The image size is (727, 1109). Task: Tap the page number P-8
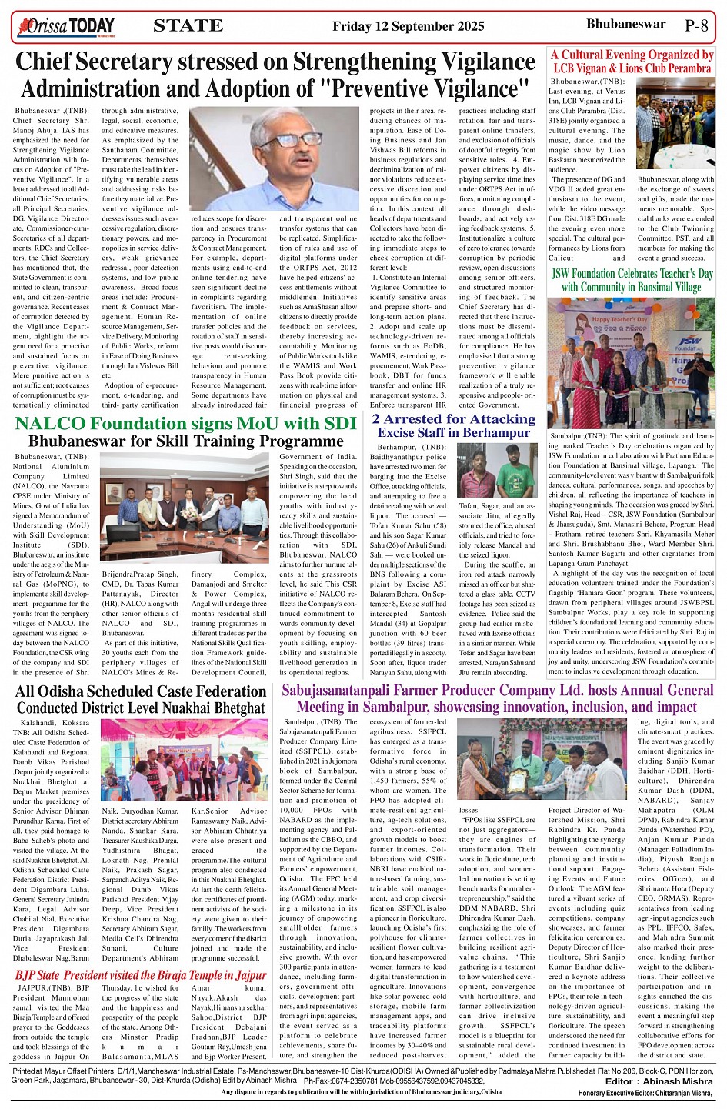click(695, 25)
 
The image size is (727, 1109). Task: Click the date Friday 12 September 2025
click(408, 26)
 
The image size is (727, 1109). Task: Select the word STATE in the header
click(188, 26)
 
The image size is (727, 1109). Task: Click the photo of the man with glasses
click(274, 158)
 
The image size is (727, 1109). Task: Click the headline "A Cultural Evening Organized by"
click(632, 55)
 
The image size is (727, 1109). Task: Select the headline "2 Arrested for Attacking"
click(453, 419)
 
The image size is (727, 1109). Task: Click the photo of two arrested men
click(495, 471)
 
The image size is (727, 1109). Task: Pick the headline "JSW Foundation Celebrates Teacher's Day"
click(632, 274)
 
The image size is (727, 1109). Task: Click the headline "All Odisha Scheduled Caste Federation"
click(140, 691)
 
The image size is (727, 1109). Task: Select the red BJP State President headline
click(141, 975)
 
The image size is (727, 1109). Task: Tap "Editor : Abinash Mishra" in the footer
click(659, 1081)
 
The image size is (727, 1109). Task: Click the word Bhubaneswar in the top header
click(625, 24)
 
